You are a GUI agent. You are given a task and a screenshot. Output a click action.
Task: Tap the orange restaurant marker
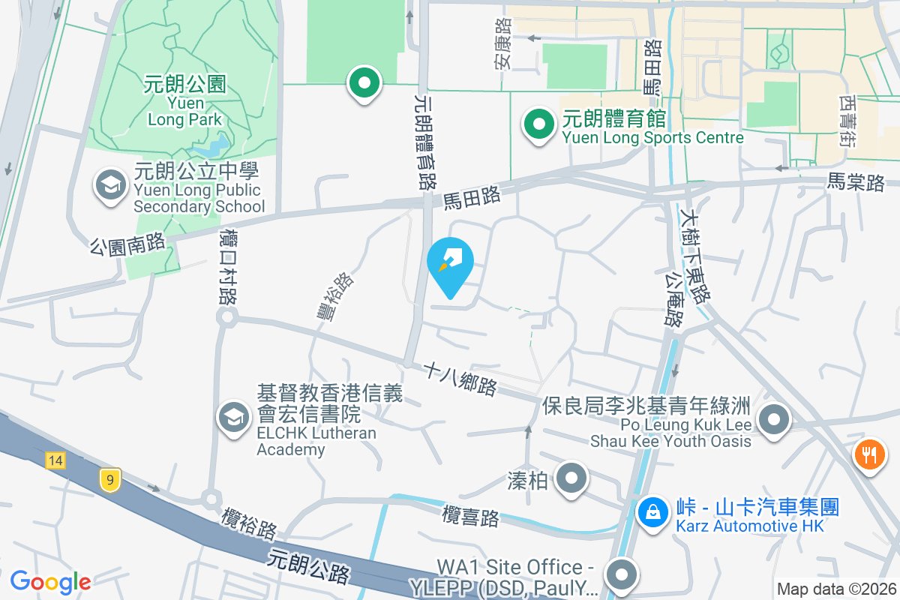point(870,454)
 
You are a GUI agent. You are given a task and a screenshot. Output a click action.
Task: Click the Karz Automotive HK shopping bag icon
point(653,514)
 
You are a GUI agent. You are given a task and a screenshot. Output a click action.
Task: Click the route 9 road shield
point(109,480)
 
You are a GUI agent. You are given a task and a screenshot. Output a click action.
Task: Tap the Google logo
point(50,582)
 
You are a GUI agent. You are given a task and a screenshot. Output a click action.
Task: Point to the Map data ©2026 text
point(835,589)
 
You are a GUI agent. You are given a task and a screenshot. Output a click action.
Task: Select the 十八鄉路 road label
point(460,379)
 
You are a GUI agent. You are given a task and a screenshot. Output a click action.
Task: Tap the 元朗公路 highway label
point(308,566)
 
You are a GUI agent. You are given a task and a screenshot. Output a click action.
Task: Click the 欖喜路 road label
point(470,517)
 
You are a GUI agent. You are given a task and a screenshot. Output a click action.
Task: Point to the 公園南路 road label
point(127,245)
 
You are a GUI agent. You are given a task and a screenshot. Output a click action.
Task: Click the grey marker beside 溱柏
point(572,478)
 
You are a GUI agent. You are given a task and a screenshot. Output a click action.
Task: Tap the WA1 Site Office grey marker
point(620,575)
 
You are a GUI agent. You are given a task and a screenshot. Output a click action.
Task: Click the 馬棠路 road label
point(856,181)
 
